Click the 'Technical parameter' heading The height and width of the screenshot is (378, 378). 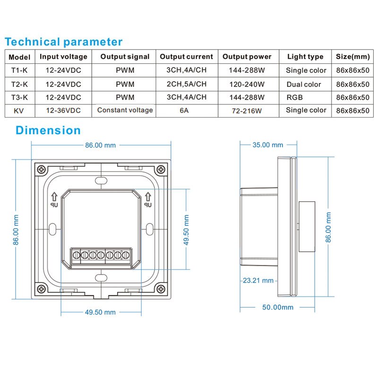click(x=64, y=42)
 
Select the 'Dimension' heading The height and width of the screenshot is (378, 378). click(x=48, y=130)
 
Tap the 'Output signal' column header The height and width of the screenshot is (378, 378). click(x=125, y=57)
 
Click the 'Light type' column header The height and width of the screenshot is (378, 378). click(x=305, y=57)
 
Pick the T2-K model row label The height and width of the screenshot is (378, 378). click(x=20, y=85)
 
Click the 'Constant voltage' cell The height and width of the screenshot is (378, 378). click(x=125, y=110)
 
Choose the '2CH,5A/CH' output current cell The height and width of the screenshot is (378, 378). click(x=186, y=85)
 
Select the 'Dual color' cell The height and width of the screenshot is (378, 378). click(x=304, y=85)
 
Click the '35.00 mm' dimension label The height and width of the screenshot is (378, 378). click(x=268, y=145)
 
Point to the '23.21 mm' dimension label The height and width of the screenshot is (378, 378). click(x=258, y=280)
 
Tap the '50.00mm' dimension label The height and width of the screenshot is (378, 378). click(x=278, y=307)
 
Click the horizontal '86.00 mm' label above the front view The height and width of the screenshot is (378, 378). click(x=100, y=145)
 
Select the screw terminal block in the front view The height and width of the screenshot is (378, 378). click(x=101, y=256)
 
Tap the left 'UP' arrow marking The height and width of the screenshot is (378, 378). click(x=54, y=199)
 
